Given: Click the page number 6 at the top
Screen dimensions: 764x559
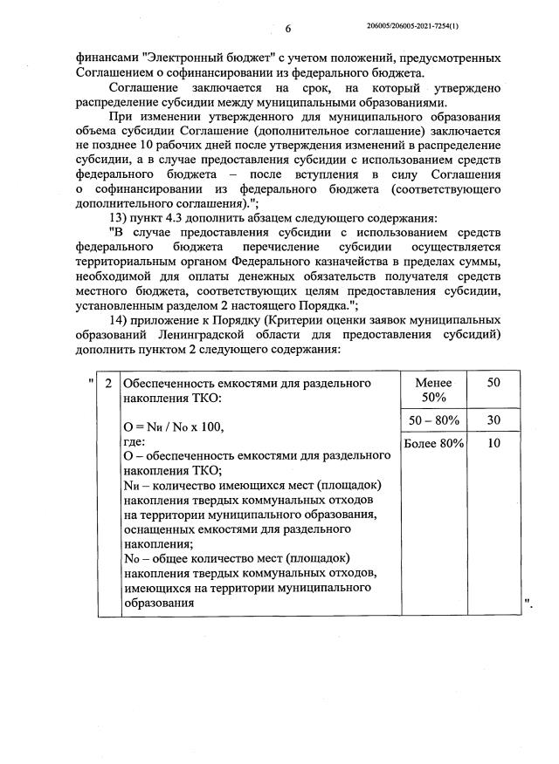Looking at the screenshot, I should (287, 29).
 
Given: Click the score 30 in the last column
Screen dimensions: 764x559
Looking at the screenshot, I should (493, 420).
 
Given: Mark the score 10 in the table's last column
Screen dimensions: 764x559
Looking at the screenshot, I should (493, 444).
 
